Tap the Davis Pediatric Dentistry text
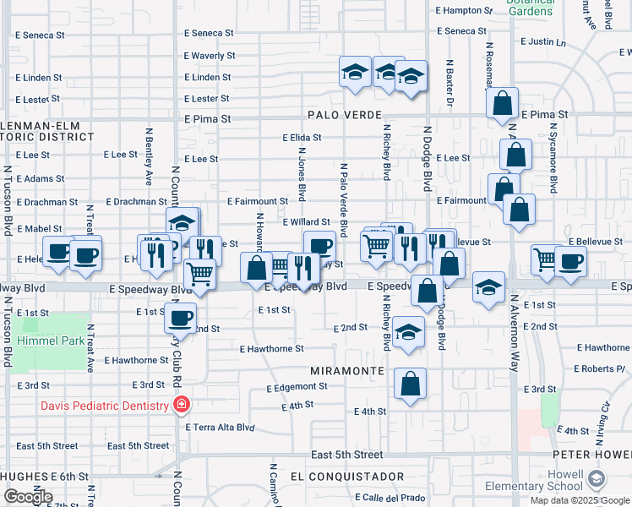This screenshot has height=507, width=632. point(105,406)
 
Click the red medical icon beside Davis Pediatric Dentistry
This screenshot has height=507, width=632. point(180,406)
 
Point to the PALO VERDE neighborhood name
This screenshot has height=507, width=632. point(346,115)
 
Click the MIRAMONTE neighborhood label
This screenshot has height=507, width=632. point(348,371)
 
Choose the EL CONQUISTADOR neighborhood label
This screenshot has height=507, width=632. point(346,477)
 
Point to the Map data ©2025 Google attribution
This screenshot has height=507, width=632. point(579,500)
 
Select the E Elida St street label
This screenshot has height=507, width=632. point(302,137)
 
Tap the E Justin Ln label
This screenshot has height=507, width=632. point(542,41)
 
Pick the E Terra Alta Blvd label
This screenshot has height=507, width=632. point(221,428)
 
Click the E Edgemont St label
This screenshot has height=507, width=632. point(297,387)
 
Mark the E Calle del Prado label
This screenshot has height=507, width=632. point(390,497)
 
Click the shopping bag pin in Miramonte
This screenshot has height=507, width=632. point(410,384)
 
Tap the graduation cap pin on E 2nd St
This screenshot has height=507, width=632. point(408,332)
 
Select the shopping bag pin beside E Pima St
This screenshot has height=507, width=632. point(503,104)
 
